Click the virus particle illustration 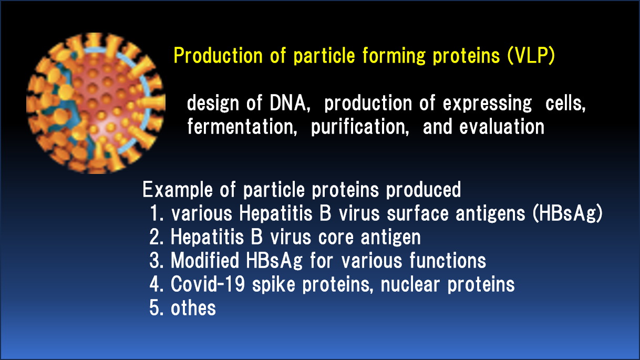(96, 103)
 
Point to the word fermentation (242, 127)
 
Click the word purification (360, 127)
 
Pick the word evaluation (502, 127)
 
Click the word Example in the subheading (178, 190)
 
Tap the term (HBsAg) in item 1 (567, 214)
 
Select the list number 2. (156, 237)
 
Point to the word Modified (205, 261)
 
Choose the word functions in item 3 (448, 261)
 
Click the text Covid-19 (208, 284)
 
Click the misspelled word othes (193, 308)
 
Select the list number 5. (156, 308)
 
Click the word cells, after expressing (565, 103)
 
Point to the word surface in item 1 (418, 214)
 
